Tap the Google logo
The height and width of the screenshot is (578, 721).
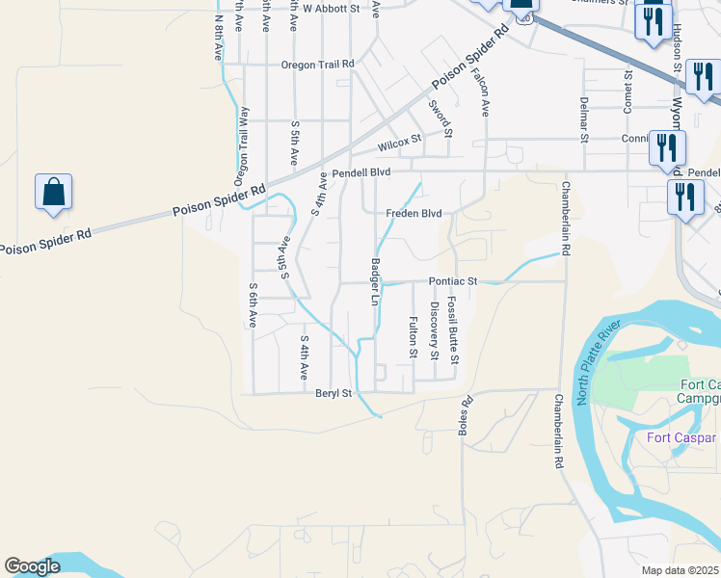pyautogui.click(x=32, y=566)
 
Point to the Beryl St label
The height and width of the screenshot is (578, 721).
pyautogui.click(x=334, y=392)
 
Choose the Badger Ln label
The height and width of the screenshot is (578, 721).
pyautogui.click(x=375, y=281)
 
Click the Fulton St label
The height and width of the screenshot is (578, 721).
pyautogui.click(x=413, y=337)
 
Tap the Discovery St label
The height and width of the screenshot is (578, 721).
pyautogui.click(x=435, y=327)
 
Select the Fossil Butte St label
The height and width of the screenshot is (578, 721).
pyautogui.click(x=453, y=328)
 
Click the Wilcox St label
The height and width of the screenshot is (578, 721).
pyautogui.click(x=400, y=144)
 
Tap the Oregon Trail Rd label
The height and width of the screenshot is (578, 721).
pyautogui.click(x=318, y=65)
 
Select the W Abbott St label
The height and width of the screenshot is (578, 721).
pyautogui.click(x=331, y=8)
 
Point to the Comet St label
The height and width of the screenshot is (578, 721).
pyautogui.click(x=628, y=92)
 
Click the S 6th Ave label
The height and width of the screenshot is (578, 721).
pyautogui.click(x=253, y=305)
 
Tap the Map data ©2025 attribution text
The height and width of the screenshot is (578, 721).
pyautogui.click(x=681, y=570)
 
